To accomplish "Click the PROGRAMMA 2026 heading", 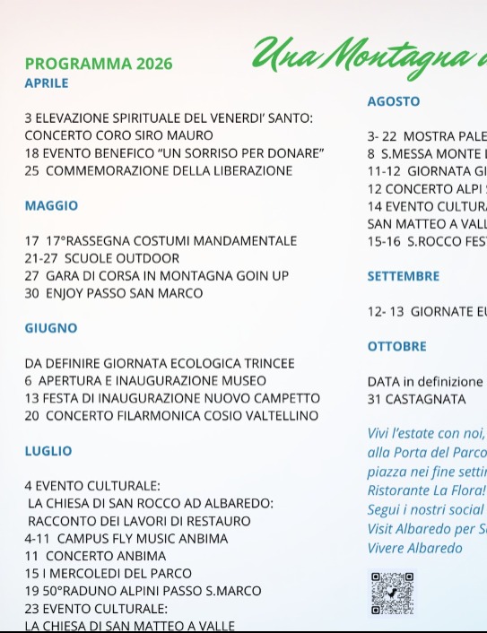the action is click(x=99, y=64).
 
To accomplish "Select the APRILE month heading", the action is click(x=47, y=83).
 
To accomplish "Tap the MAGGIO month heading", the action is click(x=51, y=205).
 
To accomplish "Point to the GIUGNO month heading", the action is click(x=51, y=328).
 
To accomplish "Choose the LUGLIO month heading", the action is click(x=48, y=451).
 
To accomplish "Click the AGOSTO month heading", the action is click(x=394, y=101).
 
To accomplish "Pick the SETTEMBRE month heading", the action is click(x=404, y=276).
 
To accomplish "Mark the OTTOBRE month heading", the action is click(x=397, y=346).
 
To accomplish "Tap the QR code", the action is click(x=392, y=593).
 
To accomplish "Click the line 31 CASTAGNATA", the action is click(x=417, y=399).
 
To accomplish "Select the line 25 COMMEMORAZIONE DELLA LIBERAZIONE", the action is click(x=158, y=170).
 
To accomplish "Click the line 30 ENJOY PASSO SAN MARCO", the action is click(x=114, y=293).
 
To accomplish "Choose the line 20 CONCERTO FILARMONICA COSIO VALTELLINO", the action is click(x=171, y=416).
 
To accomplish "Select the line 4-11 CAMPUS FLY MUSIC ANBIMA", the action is click(x=126, y=539).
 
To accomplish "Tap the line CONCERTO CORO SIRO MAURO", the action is click(x=119, y=135).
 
